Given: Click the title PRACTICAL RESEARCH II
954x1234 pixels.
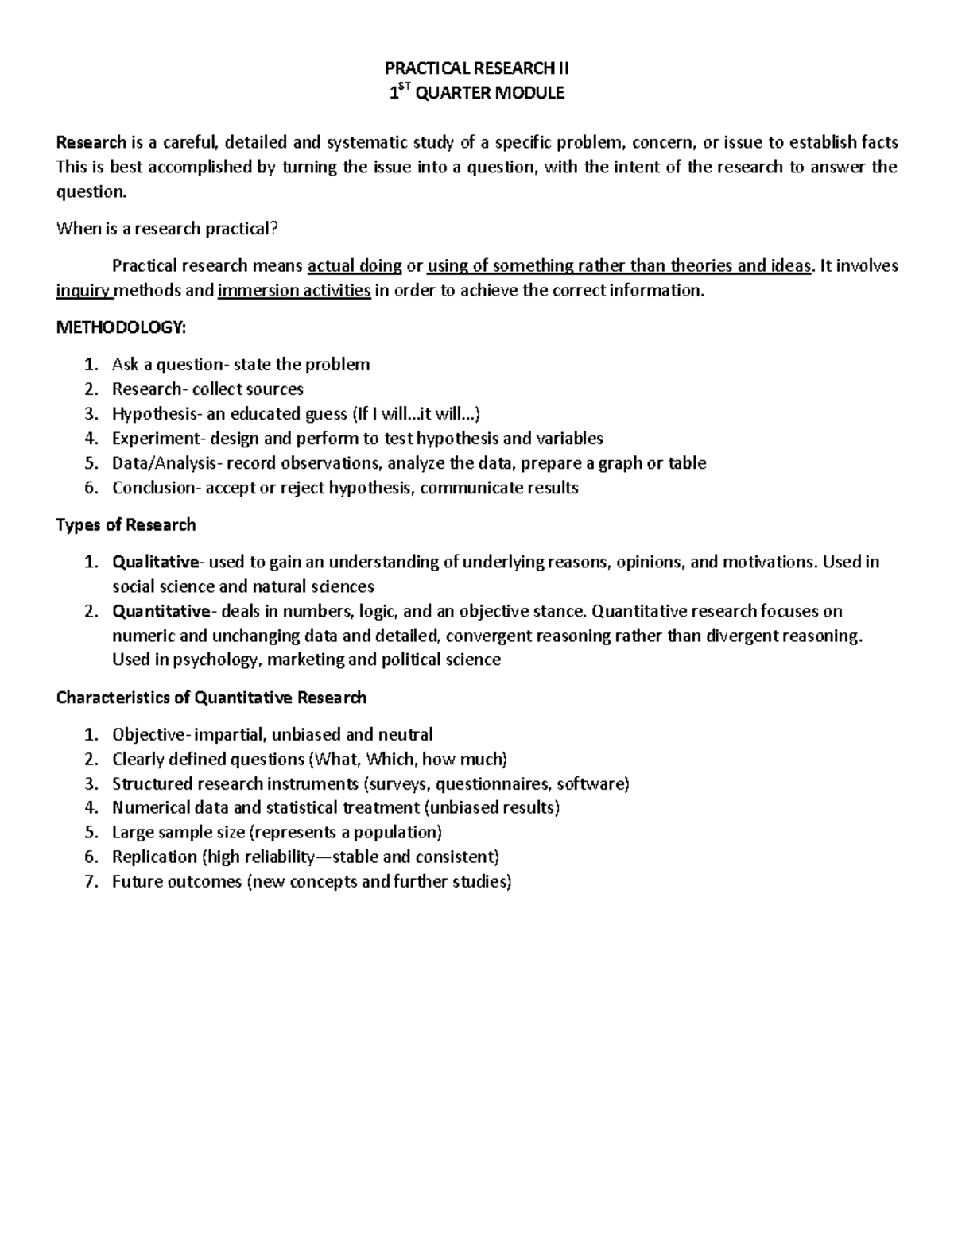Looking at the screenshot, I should [x=476, y=68].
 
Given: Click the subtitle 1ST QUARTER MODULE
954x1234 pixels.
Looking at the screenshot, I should [x=476, y=93].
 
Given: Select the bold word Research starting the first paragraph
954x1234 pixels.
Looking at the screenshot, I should [x=91, y=142].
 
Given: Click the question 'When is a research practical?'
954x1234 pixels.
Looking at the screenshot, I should [x=167, y=229].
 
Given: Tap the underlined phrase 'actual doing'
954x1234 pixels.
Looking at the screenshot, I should [x=354, y=266].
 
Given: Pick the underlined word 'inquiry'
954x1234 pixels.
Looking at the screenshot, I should [x=83, y=291].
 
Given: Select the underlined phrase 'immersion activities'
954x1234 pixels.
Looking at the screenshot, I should [x=294, y=291].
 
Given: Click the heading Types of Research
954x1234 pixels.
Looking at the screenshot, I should [x=126, y=525].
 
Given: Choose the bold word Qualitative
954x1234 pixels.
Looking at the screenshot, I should [x=156, y=563].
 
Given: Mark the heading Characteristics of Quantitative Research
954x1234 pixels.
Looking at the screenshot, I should [x=211, y=698].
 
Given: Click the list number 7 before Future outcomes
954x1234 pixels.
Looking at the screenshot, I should [x=91, y=881].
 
